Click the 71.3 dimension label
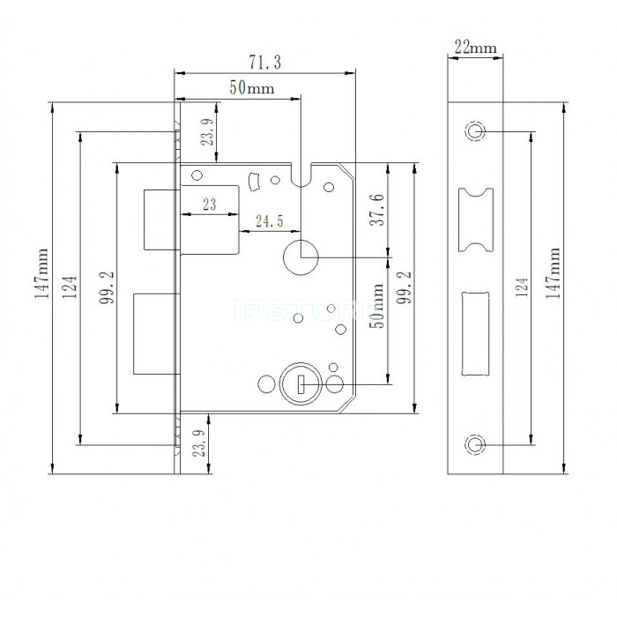(264, 63)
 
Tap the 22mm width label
(475, 48)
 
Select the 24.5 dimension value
(270, 221)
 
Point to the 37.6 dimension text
(377, 210)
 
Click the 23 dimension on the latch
(210, 204)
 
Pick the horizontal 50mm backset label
(252, 87)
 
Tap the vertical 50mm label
(378, 306)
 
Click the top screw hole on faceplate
(475, 130)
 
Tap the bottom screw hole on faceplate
(475, 444)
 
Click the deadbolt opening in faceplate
(475, 334)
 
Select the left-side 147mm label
(41, 273)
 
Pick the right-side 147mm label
(553, 272)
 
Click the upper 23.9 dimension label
(208, 132)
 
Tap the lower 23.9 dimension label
(199, 443)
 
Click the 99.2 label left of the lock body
(107, 287)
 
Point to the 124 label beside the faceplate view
(522, 286)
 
